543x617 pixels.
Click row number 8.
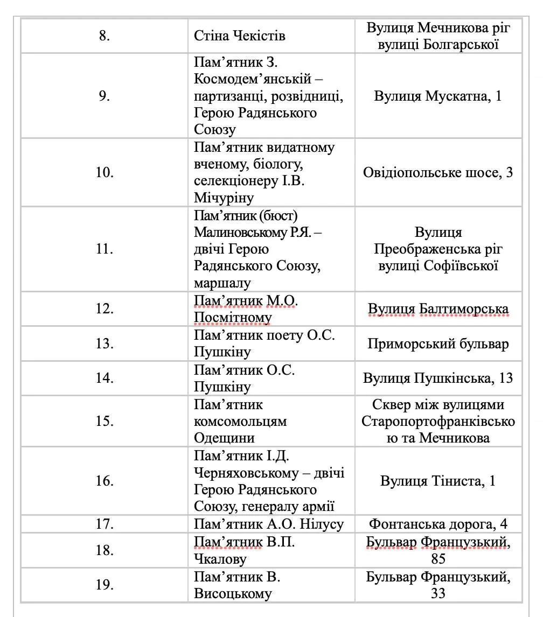tap(105, 36)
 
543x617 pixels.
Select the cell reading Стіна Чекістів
tap(240, 36)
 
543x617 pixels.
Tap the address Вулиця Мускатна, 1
tap(437, 96)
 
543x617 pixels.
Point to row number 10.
tap(105, 172)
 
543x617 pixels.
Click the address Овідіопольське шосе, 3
tap(437, 172)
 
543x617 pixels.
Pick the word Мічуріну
tap(224, 198)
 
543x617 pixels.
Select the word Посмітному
tap(233, 318)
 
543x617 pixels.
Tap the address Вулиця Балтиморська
tap(438, 309)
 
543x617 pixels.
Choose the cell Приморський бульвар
tap(438, 343)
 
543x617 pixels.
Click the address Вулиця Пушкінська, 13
tap(438, 378)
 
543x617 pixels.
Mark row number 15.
tap(105, 421)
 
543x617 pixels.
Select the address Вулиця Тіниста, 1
tap(437, 481)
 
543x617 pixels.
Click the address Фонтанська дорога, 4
tap(438, 524)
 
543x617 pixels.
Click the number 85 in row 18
tap(438, 559)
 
